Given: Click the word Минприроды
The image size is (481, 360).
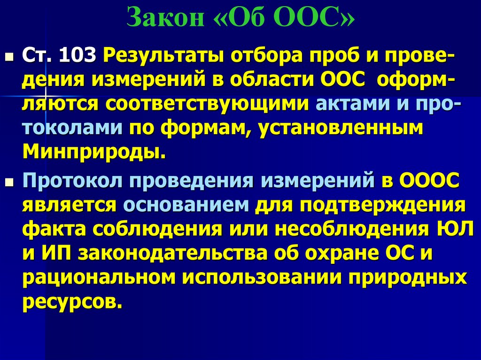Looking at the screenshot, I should click(x=93, y=152).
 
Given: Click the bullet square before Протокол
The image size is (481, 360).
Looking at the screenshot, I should click(x=10, y=182).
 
